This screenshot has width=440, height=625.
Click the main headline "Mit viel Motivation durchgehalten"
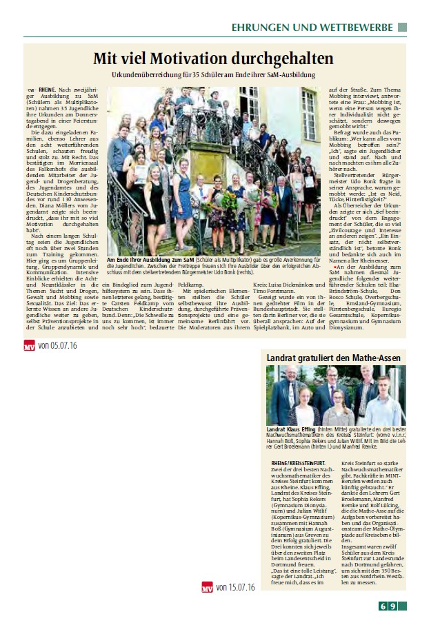(x=213, y=58)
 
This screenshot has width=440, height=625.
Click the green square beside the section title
(x=402, y=27)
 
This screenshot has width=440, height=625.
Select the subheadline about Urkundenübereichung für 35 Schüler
(x=213, y=74)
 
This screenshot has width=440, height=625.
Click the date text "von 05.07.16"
(x=59, y=345)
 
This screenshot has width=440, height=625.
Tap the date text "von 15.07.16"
(x=236, y=587)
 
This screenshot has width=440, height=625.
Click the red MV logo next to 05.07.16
(x=29, y=345)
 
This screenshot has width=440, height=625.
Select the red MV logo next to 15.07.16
(x=207, y=587)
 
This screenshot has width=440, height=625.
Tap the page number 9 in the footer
(x=392, y=606)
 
